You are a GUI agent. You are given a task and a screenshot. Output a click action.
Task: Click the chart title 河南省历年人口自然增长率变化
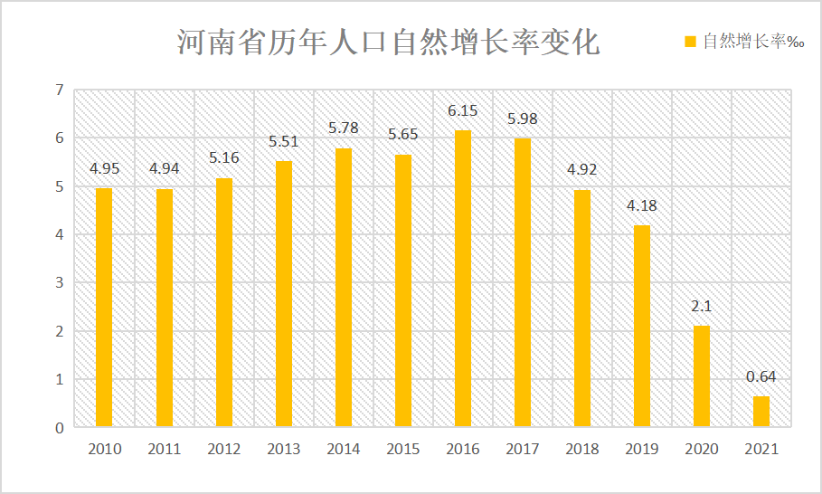tap(387, 42)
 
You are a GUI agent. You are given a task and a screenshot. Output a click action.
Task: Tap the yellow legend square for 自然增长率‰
tap(689, 41)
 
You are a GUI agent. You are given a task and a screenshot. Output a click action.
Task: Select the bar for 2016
tap(462, 279)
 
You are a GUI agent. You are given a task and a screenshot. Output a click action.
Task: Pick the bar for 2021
tap(761, 412)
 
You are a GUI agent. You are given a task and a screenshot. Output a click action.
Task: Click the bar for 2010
tap(104, 308)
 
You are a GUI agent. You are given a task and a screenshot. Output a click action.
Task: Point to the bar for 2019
tap(642, 326)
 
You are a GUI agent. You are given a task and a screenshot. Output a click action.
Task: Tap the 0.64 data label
tap(761, 377)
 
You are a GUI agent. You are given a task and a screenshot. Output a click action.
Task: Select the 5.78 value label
tap(343, 128)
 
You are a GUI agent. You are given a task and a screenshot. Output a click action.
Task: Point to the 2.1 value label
tap(702, 307)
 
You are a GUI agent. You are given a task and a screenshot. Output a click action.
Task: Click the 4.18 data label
tap(642, 206)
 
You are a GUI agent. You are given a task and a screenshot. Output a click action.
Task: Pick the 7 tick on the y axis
tap(60, 90)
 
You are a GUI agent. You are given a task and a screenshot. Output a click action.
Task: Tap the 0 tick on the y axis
tap(60, 427)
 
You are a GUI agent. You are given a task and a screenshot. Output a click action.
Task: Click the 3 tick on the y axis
tap(60, 282)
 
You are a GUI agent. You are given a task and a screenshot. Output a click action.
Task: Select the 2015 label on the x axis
tap(402, 449)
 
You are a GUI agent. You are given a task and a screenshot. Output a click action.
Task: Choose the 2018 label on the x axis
tap(581, 449)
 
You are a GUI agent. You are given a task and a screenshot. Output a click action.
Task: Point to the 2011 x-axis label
tap(164, 449)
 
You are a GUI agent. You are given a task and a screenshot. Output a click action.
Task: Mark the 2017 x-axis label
tap(522, 449)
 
